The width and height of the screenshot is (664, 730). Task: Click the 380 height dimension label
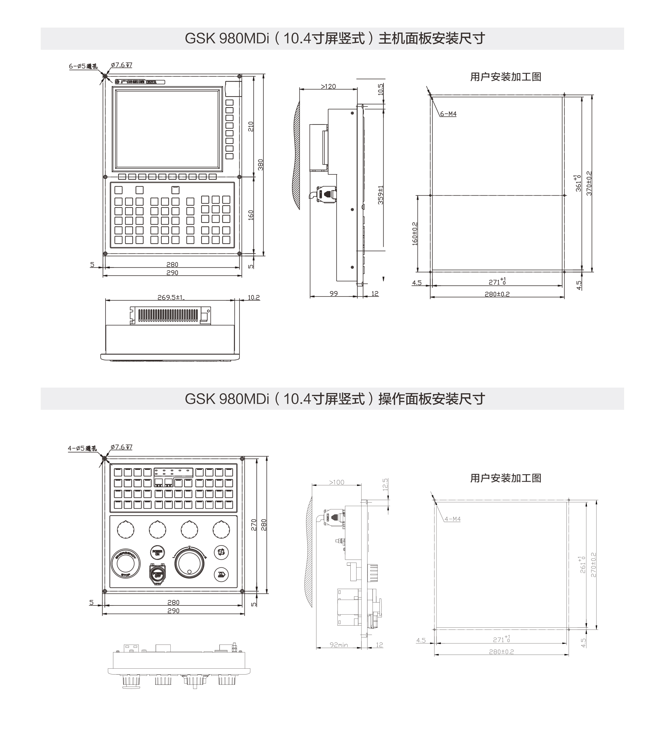(261, 165)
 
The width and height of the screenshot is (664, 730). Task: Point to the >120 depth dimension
(328, 87)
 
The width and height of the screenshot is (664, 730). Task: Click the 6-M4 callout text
(448, 114)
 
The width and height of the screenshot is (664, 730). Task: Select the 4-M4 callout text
(453, 519)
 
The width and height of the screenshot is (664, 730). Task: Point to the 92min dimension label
(339, 645)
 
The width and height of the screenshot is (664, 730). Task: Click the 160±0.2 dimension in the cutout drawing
(415, 234)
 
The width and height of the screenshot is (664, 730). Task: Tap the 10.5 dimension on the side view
(381, 89)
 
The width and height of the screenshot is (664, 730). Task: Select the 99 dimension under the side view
(333, 293)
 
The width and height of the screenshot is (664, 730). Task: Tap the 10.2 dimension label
(253, 298)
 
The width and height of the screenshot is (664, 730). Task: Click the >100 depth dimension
(336, 482)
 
